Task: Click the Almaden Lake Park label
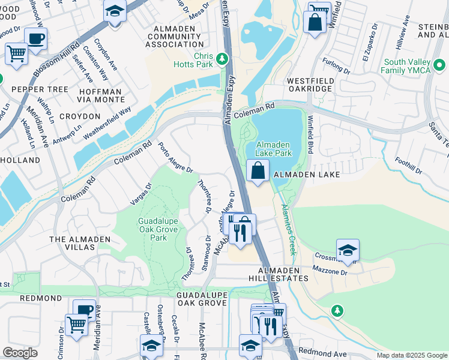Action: (x=274, y=149)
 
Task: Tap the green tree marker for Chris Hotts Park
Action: (x=223, y=59)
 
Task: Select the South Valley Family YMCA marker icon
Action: (x=439, y=65)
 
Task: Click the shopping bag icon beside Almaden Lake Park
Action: (x=258, y=170)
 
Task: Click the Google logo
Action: (x=20, y=353)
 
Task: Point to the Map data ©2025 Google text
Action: (x=411, y=355)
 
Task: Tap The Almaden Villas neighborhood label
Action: (x=80, y=243)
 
